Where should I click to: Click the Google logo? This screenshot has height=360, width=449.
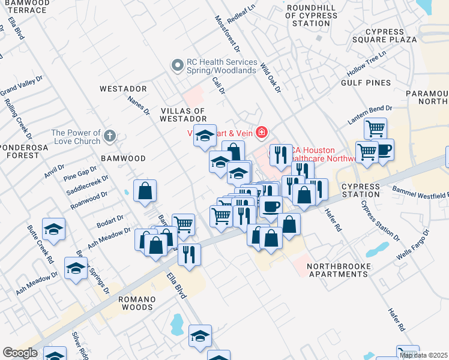click(20, 353)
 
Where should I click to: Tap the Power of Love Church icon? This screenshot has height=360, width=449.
click(109, 136)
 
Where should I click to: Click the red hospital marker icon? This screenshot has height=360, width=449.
click(261, 131)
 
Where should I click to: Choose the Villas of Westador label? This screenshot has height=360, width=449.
click(184, 115)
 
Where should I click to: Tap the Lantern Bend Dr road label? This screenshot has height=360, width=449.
click(370, 115)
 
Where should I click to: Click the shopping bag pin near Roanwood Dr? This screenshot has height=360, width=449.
click(145, 191)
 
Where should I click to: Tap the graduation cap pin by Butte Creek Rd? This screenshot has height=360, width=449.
click(53, 229)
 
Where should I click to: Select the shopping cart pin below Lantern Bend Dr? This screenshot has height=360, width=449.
click(375, 128)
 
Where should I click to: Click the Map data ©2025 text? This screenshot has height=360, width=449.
click(424, 355)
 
